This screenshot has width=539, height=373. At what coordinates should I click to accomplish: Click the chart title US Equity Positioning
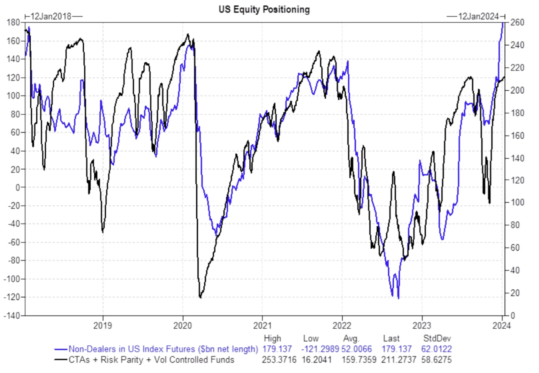(264, 10)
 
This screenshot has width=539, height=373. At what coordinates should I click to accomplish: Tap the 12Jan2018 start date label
(51, 16)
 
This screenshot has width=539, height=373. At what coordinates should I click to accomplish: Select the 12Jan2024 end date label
(478, 16)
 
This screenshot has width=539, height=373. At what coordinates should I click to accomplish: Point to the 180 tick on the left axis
(13, 22)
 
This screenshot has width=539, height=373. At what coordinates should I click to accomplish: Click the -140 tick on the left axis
(12, 316)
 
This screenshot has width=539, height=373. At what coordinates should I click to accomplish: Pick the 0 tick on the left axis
(18, 187)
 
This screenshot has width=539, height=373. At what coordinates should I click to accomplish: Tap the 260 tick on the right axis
(517, 22)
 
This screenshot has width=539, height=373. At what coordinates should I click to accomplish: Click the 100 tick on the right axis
(517, 202)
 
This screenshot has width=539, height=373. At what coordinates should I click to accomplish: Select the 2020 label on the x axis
(182, 325)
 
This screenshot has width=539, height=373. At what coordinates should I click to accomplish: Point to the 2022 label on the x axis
(342, 325)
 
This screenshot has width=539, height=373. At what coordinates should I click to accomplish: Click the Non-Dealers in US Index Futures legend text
(163, 349)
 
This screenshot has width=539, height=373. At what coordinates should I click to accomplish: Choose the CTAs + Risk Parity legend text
(151, 360)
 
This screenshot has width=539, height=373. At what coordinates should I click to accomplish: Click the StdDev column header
(437, 338)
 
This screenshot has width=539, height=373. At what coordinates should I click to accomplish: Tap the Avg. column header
(351, 338)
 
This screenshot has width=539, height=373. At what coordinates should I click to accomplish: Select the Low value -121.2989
(320, 349)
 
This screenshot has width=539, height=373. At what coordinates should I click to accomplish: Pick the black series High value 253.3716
(279, 360)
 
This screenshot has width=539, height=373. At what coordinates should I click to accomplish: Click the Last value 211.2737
(399, 360)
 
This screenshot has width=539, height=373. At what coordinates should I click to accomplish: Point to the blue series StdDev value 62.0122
(436, 349)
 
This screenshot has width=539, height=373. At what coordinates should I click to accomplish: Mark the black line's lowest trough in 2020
(200, 297)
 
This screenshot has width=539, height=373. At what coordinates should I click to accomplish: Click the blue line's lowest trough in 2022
(398, 298)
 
